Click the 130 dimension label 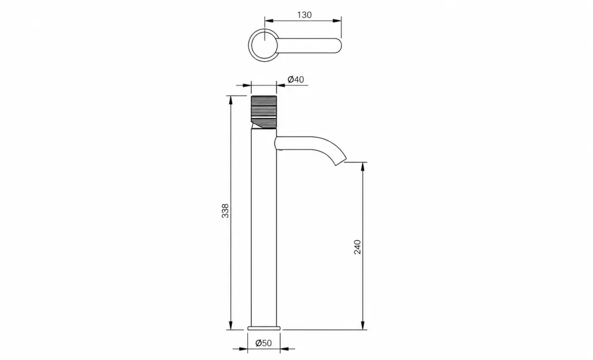(x=304, y=15)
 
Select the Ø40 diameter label (x=296, y=79)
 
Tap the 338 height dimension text (x=225, y=211)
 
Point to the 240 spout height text (x=358, y=247)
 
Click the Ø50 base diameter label (x=264, y=343)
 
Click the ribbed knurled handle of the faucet (x=264, y=109)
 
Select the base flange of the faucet (x=264, y=328)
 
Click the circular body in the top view (x=264, y=44)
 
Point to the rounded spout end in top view (x=338, y=45)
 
